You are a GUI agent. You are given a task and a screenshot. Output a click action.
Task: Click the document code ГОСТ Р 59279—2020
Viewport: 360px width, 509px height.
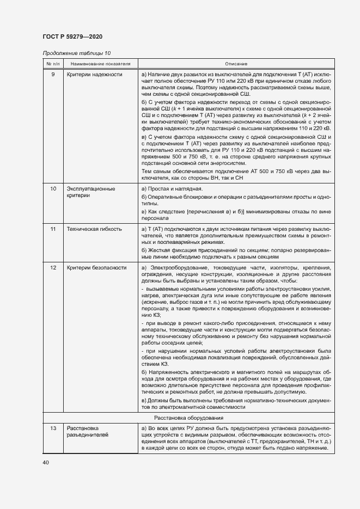(72, 36)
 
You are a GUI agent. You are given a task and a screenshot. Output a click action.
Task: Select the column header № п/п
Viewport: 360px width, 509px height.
(53, 64)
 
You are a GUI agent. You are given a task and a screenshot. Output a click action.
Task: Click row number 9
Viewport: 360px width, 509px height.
(53, 74)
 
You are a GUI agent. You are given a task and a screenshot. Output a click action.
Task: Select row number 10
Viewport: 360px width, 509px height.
(53, 188)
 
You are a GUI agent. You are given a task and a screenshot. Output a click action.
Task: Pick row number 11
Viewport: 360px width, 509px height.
(53, 230)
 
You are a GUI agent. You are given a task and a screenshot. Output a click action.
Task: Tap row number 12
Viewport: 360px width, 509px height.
(53, 268)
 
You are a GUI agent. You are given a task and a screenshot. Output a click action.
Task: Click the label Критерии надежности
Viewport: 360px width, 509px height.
(94, 74)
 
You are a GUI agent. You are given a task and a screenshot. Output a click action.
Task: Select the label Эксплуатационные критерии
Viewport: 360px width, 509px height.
(90, 192)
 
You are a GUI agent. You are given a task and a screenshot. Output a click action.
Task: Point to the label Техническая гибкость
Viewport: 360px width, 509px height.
(94, 230)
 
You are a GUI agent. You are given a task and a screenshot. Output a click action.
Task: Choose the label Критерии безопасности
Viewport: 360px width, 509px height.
(96, 268)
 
